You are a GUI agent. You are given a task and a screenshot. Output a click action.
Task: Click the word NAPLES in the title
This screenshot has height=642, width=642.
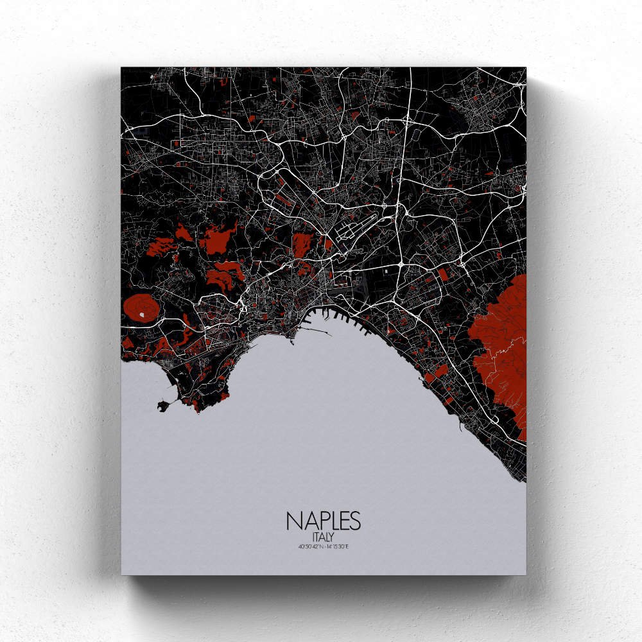pyautogui.click(x=323, y=521)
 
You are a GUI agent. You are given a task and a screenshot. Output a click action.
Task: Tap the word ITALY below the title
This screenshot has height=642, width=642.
pyautogui.click(x=323, y=536)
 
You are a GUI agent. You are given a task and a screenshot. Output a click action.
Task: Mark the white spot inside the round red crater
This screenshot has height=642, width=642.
pyautogui.click(x=141, y=315)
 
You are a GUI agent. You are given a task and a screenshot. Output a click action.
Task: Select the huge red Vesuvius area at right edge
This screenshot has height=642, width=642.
pyautogui.click(x=501, y=347)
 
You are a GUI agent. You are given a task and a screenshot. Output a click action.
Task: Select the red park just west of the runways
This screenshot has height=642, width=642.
pyautogui.click(x=302, y=244)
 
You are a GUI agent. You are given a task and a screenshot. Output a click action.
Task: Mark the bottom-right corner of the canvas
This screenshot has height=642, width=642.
pyautogui.click(x=525, y=573)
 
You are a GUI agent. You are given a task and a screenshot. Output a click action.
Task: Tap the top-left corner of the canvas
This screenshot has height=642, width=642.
pyautogui.click(x=122, y=67)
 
